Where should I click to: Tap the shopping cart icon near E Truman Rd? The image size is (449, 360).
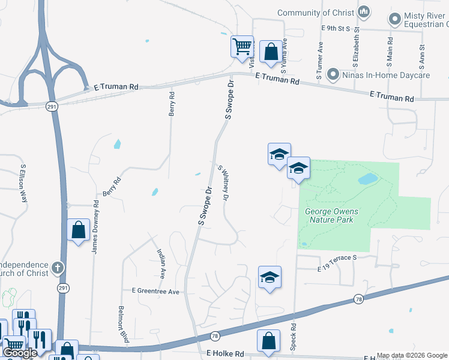coord(243,46)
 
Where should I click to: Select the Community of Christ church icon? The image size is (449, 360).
coord(364,12)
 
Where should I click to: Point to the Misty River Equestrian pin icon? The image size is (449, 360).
coord(395,20)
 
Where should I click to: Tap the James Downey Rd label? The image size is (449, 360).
coord(95,227)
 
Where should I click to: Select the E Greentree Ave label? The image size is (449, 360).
coord(155,292)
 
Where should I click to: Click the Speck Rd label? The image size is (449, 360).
coord(294,337)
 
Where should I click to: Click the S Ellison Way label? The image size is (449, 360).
coord(24,182)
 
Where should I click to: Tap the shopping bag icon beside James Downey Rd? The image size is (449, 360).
coord(79,230)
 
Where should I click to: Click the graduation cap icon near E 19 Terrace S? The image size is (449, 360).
coord(270,277)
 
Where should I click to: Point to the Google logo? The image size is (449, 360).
coord(20,353)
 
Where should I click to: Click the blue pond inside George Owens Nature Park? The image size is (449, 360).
coord(367,179)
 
